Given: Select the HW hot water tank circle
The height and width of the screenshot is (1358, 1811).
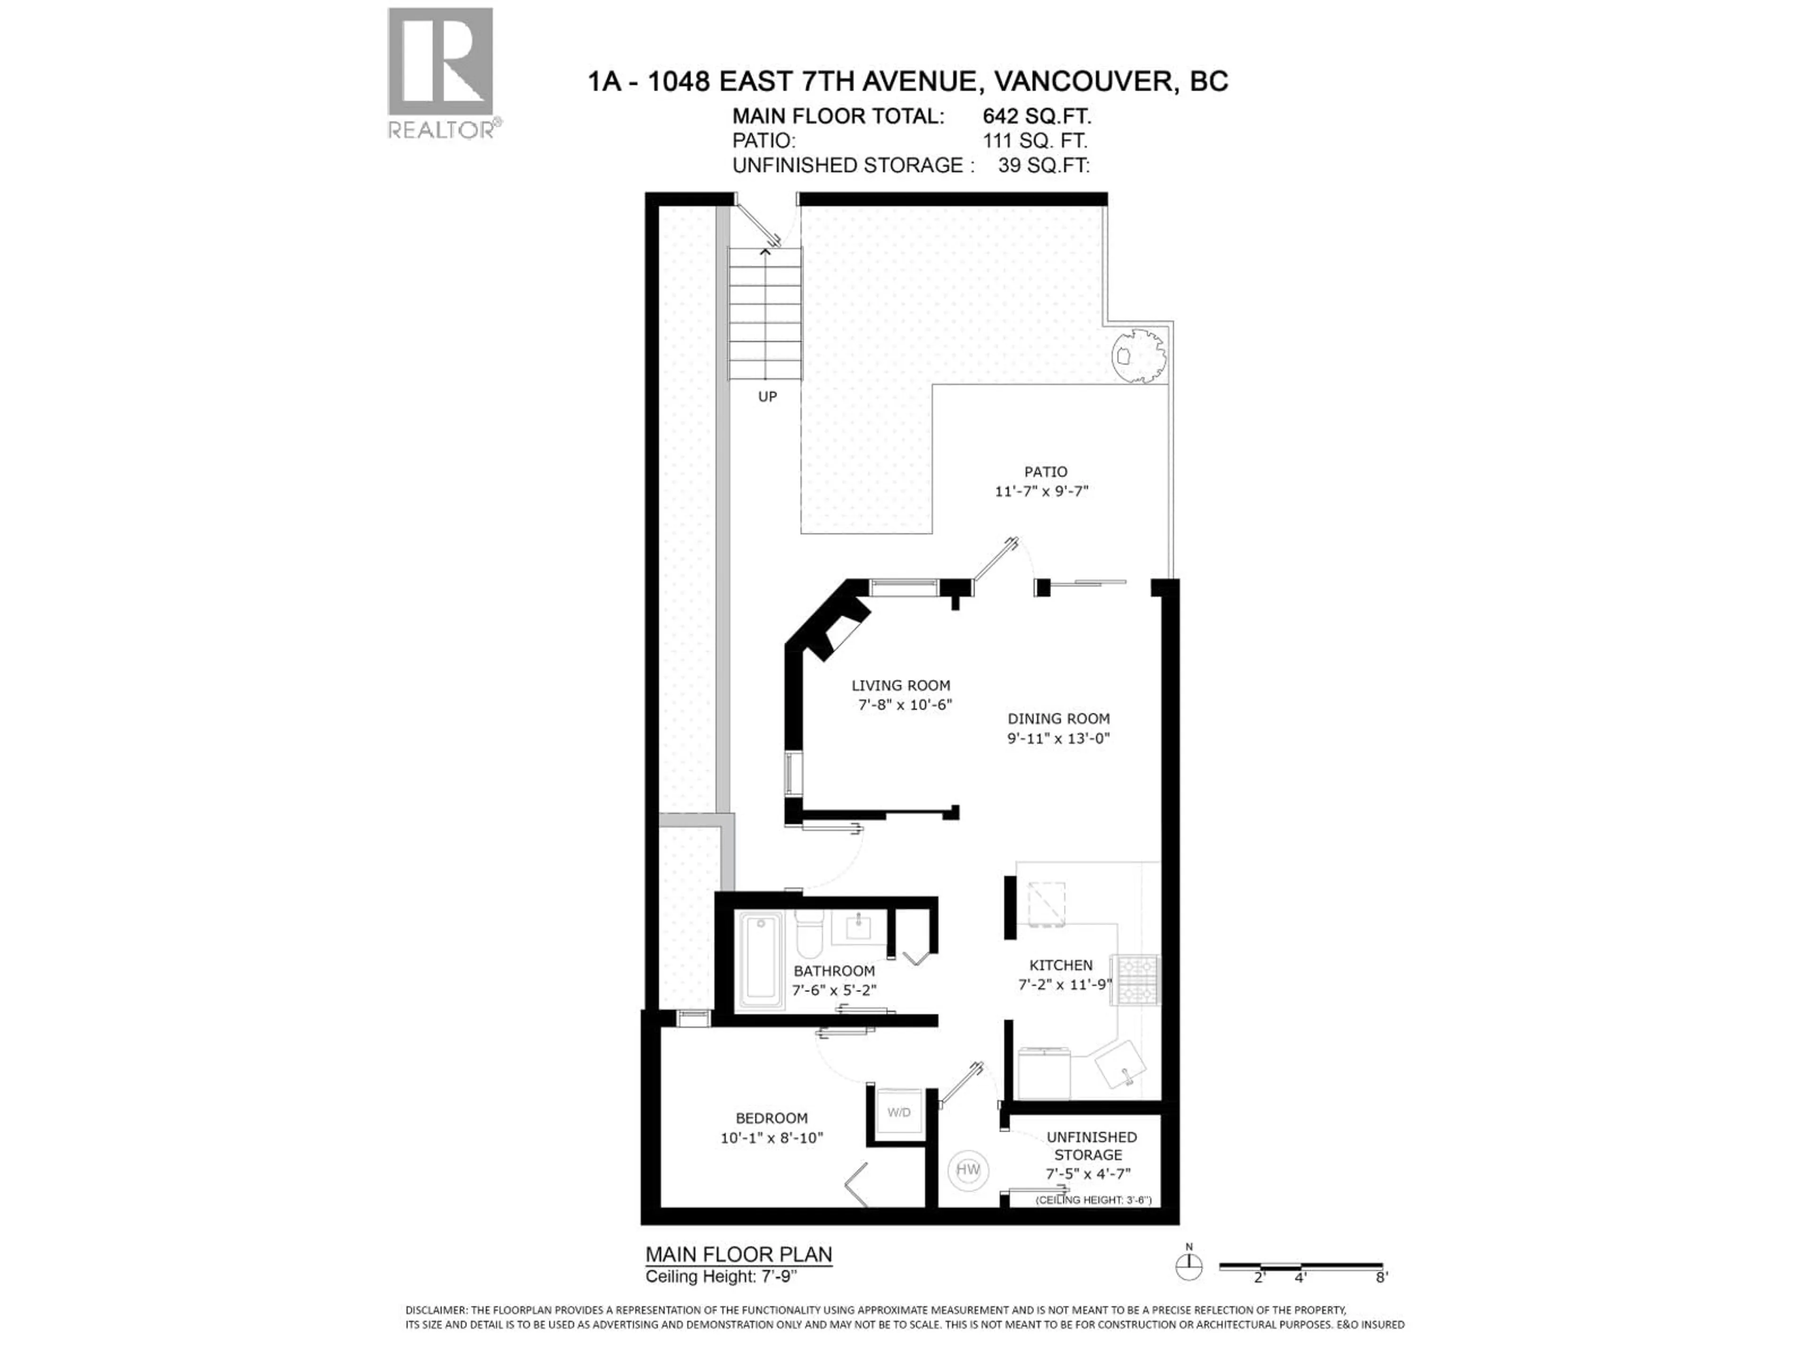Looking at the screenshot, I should [x=968, y=1170].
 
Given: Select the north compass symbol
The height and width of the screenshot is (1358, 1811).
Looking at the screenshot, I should [x=1189, y=1268].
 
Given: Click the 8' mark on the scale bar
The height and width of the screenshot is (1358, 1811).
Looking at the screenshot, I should [x=1382, y=1277].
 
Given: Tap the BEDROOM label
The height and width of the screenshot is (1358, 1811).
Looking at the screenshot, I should [x=771, y=1118].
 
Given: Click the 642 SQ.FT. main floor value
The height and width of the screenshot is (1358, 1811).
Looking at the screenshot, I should [x=1037, y=116].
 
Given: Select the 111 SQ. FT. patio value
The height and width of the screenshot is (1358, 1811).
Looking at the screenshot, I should [x=1035, y=141].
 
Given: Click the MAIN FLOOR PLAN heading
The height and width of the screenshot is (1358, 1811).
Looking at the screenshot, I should [x=739, y=1255].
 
